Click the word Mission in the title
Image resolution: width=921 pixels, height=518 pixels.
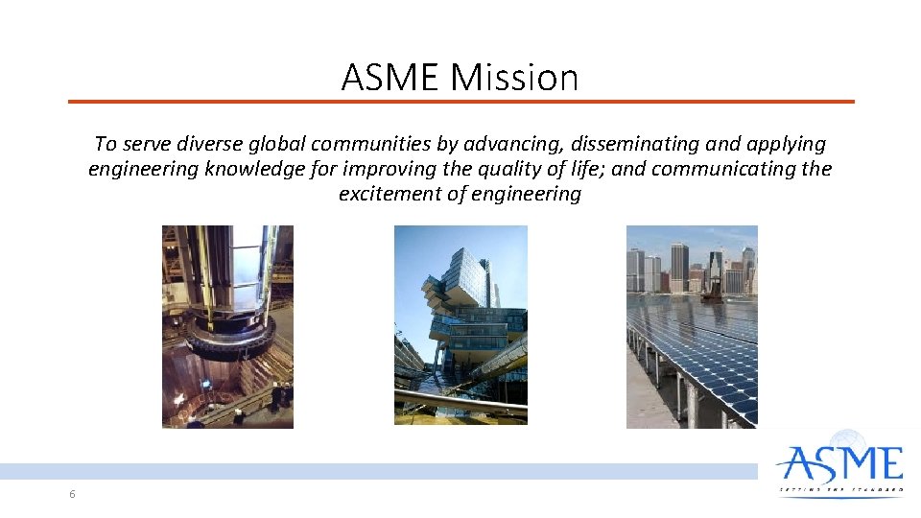pyautogui.click(x=515, y=77)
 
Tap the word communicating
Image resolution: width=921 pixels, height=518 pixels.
pyautogui.click(x=720, y=169)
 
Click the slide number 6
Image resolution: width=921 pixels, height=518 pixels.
pyautogui.click(x=72, y=494)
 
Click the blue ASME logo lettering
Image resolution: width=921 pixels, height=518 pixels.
pyautogui.click(x=840, y=464)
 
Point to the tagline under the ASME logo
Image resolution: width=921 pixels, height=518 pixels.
pyautogui.click(x=840, y=489)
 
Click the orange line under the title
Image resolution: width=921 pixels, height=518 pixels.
pyautogui.click(x=460, y=101)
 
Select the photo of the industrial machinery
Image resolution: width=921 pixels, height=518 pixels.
pyautogui.click(x=227, y=326)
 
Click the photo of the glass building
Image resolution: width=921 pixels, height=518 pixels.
pyautogui.click(x=460, y=326)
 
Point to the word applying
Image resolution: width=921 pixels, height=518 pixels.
pyautogui.click(x=783, y=144)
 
